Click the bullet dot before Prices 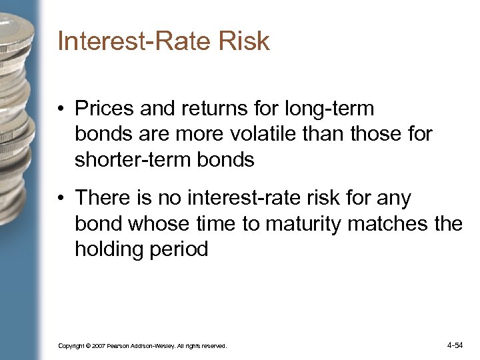point(62,109)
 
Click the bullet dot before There point(62,199)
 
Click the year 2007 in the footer point(98,346)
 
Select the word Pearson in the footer point(121,346)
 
